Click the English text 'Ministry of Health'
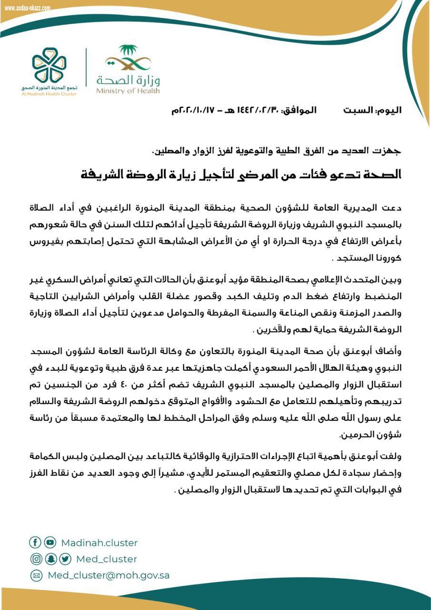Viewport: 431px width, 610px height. (128, 91)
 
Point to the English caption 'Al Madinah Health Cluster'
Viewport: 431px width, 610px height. (49, 94)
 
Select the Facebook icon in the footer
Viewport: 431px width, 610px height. (35, 542)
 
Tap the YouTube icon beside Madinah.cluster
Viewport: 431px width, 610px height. (50, 542)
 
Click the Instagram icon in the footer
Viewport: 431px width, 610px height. (36, 559)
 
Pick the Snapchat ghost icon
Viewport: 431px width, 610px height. (50, 559)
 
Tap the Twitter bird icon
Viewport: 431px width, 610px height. (65, 559)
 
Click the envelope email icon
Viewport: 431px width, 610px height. (36, 575)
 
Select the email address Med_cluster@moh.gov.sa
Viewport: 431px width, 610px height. (109, 575)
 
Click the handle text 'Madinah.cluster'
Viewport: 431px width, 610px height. (99, 543)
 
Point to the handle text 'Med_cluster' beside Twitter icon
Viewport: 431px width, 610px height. (107, 559)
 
